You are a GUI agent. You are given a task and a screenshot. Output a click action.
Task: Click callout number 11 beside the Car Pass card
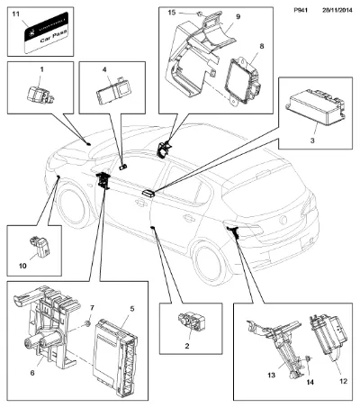tap(16, 14)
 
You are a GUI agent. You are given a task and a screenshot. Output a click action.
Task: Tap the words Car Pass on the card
tap(53, 36)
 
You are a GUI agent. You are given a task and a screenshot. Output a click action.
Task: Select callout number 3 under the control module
tap(312, 141)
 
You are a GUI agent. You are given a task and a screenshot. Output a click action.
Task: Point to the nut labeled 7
tap(87, 323)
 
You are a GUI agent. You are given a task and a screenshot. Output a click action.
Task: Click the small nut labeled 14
tap(308, 358)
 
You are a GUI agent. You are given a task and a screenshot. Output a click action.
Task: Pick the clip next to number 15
tap(199, 14)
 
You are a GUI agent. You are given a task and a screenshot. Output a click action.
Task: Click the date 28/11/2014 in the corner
tap(337, 10)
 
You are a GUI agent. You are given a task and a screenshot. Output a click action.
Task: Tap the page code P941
tap(300, 10)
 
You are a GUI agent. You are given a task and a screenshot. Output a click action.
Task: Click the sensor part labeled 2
tap(190, 322)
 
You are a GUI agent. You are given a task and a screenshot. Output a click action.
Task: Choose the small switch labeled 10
tap(40, 246)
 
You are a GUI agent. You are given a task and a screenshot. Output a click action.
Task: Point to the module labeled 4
tap(112, 90)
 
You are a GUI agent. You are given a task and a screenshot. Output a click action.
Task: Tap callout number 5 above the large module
tap(132, 308)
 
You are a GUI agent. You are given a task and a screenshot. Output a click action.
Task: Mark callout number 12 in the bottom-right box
tap(343, 381)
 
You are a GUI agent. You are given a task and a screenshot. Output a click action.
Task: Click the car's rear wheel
tap(208, 262)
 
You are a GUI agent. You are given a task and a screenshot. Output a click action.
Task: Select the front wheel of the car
tap(72, 205)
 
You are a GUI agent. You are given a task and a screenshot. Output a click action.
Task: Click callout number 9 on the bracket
tap(238, 16)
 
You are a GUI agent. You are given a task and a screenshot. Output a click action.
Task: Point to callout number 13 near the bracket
tap(271, 375)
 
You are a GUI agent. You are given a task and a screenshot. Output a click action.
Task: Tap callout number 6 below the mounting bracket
tap(32, 373)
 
